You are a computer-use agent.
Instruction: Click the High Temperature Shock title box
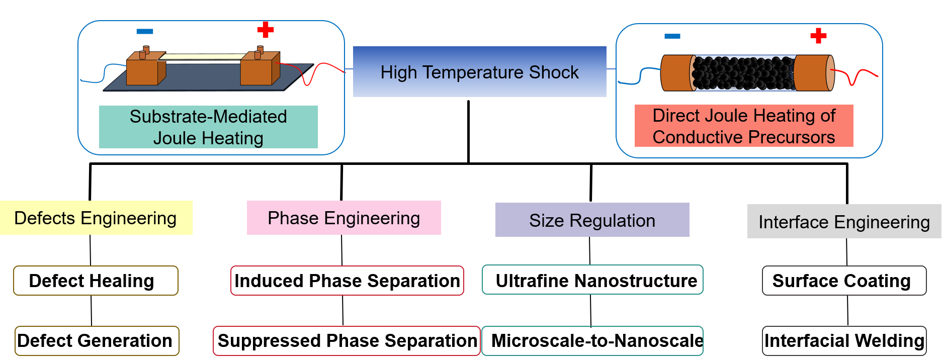479,72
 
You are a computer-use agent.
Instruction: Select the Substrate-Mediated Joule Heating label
208,127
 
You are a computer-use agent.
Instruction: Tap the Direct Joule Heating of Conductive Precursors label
743,126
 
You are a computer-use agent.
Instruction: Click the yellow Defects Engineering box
96,218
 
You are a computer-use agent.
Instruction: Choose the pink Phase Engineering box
344,218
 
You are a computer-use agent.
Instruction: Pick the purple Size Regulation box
592,220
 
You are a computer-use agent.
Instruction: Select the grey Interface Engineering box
843,221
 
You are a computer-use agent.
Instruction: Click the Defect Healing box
96,281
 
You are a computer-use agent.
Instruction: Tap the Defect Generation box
96,341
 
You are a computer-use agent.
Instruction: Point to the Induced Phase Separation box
347,281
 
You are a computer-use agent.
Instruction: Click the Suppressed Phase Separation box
347,341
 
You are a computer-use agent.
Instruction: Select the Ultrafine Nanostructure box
592,280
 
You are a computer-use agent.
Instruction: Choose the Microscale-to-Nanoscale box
592,341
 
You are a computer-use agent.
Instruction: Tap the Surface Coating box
844,281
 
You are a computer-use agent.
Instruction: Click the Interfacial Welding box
844,341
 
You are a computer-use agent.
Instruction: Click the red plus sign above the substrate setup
266,30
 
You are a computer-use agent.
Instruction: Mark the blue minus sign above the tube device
672,36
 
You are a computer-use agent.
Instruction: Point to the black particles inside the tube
743,73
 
